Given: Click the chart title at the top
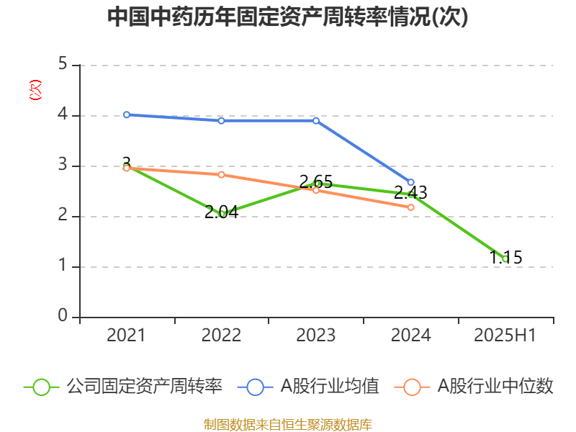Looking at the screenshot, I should coord(287,17).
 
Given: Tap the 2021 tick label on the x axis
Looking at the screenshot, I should coord(126,336).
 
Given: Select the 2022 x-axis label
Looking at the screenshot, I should coord(221,336).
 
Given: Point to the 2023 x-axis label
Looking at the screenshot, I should coord(316,336).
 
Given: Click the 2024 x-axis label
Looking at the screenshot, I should coord(410,336).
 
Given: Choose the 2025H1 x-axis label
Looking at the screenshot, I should coord(505,336).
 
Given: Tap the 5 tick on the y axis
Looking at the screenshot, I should coord(63,65).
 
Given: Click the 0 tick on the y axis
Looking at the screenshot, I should coord(63,317).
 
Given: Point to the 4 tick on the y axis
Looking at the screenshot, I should coord(63,115).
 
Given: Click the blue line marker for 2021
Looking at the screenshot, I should coord(126,114).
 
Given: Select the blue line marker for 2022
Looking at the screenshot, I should coord(221,120).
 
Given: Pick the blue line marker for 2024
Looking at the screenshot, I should coord(411,182).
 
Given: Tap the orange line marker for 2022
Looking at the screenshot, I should coord(221,175).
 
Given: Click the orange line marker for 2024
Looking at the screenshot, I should coord(411,207).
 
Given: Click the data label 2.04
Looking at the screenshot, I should coord(221,212).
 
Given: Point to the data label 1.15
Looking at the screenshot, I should coord(505,257).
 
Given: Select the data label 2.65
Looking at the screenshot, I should coord(316,181).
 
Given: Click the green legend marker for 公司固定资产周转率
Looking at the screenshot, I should coord(42,387).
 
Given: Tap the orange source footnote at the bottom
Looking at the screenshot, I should coord(287,425).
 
